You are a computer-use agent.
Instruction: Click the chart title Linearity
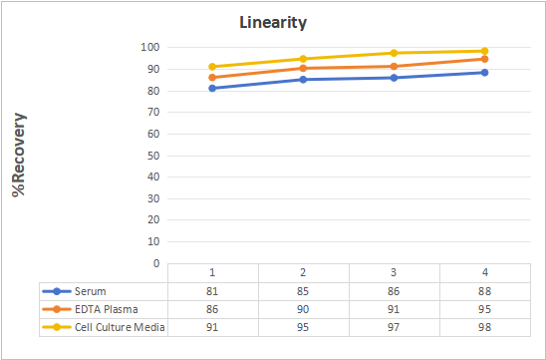273,23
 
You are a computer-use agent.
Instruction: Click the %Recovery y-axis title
19,155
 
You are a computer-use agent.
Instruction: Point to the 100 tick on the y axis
150,47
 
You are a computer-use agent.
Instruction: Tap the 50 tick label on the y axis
153,156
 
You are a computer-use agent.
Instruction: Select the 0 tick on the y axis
156,263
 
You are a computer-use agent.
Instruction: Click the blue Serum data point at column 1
212,88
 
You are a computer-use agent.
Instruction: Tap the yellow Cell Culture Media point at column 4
484,51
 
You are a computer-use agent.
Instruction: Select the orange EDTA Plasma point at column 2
303,68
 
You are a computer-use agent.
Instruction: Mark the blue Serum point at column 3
394,78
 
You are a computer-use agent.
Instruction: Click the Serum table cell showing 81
212,291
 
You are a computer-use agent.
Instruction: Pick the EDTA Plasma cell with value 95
484,309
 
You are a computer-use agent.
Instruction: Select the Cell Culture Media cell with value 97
394,327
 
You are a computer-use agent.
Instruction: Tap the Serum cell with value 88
484,291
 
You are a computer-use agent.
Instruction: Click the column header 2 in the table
303,272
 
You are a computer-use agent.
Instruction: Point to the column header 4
484,272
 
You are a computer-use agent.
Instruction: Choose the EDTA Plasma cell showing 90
303,309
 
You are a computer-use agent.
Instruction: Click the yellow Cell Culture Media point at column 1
212,67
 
